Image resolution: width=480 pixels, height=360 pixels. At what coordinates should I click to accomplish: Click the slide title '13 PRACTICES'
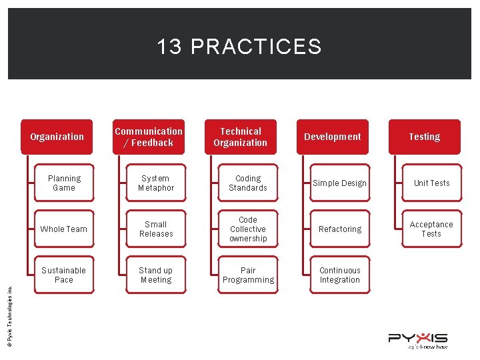click(x=239, y=47)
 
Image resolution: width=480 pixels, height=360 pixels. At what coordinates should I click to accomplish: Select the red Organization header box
click(x=57, y=137)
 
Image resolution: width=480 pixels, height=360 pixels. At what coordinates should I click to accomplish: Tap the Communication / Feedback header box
click(x=149, y=137)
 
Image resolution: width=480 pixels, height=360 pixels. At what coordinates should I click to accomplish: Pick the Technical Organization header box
click(x=241, y=137)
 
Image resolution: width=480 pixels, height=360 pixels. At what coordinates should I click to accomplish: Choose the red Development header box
click(x=333, y=137)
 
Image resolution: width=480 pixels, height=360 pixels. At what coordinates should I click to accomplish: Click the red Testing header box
click(x=425, y=137)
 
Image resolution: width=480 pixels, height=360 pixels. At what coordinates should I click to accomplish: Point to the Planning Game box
click(x=64, y=183)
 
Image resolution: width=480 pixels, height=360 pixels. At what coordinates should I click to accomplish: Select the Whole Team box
click(x=64, y=229)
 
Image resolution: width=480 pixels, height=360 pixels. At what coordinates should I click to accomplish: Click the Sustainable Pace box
click(x=64, y=275)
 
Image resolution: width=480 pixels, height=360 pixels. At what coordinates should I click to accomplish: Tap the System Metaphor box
click(x=156, y=183)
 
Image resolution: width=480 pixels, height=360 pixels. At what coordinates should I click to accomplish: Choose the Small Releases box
click(x=156, y=229)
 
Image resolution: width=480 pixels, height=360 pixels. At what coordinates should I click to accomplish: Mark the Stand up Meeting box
click(x=156, y=275)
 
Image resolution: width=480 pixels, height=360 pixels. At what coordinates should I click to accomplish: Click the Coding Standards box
click(x=248, y=183)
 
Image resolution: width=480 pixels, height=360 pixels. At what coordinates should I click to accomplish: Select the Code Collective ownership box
click(x=248, y=229)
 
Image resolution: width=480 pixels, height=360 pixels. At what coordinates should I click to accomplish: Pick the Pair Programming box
click(x=248, y=275)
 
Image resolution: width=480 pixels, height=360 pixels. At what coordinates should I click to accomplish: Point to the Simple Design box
click(x=340, y=183)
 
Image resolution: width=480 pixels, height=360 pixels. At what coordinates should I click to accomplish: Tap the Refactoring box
click(x=340, y=229)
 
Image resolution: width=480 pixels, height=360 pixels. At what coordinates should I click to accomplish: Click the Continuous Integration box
click(x=340, y=275)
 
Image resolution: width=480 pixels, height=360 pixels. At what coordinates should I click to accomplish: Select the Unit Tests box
click(x=432, y=183)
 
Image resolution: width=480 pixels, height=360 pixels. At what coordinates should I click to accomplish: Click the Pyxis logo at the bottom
click(x=418, y=341)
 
